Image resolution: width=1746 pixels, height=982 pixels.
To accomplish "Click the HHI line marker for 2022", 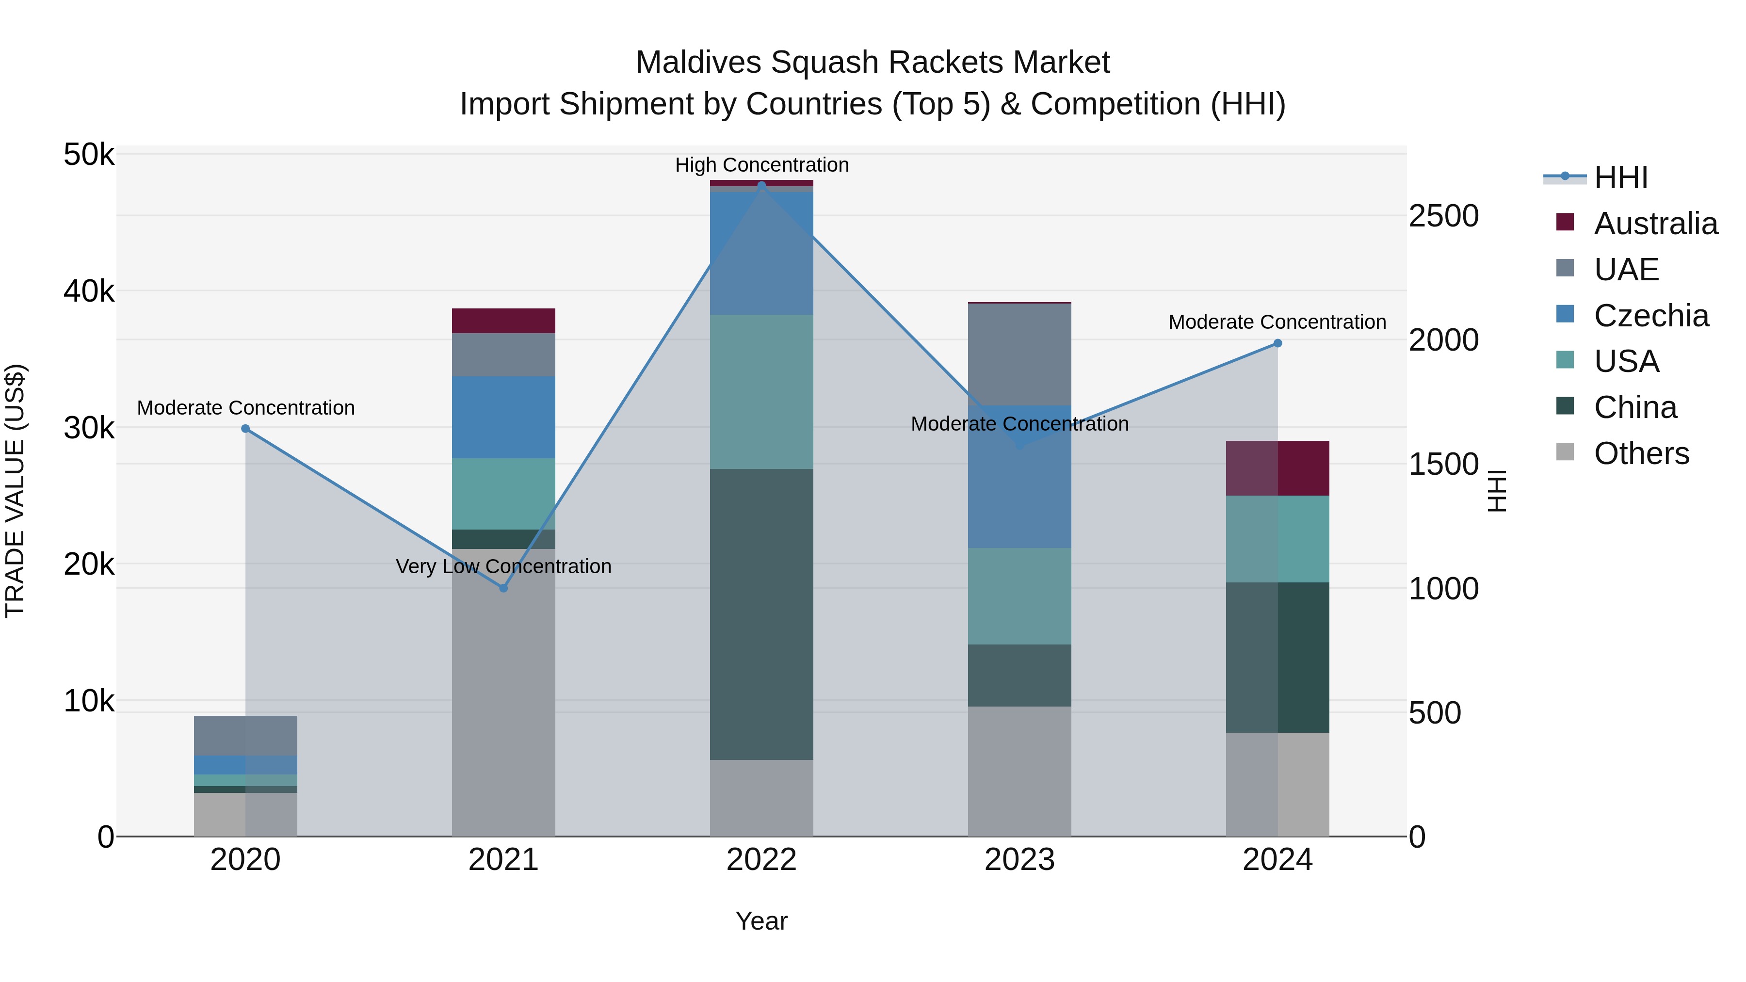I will pos(761,185).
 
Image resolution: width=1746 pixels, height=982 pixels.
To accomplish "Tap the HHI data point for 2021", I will pos(503,588).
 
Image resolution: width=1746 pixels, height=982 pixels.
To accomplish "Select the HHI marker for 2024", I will pos(1277,343).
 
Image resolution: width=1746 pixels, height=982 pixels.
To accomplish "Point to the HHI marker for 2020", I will pos(245,428).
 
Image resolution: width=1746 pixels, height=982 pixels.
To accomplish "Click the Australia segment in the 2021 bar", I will pos(503,321).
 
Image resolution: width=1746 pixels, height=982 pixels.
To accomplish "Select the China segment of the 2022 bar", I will pos(761,613).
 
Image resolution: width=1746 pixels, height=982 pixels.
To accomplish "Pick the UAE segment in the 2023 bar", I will pos(1019,354).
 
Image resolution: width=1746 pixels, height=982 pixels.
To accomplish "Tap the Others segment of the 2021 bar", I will pos(503,691).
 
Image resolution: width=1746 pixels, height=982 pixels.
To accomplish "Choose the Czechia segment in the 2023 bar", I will pos(1019,476).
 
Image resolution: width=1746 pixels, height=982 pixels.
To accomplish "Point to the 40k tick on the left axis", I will pos(89,291).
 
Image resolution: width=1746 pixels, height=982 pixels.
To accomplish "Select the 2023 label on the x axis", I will pos(1019,860).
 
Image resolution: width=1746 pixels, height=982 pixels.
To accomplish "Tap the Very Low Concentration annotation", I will pos(503,566).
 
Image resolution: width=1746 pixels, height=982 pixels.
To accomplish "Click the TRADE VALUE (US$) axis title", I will pos(15,491).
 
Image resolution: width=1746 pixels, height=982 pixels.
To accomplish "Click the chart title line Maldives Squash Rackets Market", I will pos(873,63).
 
